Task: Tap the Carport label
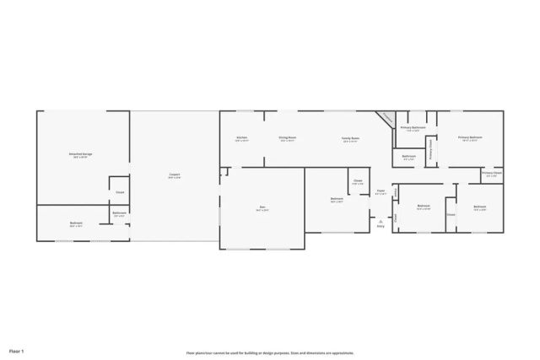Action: (173, 175)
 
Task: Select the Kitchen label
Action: (241, 138)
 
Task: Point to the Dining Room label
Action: (288, 138)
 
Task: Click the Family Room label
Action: (350, 139)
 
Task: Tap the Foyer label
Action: (380, 193)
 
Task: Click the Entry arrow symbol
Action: (381, 220)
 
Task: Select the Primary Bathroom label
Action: (411, 128)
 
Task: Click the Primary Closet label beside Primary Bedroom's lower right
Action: (492, 174)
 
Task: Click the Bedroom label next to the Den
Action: (337, 200)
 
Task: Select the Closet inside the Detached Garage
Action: (120, 192)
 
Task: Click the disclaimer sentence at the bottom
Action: (269, 353)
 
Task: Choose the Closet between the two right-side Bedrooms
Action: (451, 214)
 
